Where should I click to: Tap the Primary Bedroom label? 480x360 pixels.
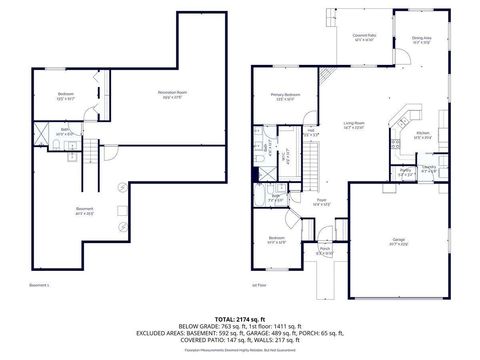coord(285,97)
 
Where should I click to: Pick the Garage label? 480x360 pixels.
coord(397,240)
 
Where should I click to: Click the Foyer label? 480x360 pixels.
coord(322,201)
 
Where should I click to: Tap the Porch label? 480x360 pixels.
coord(324,250)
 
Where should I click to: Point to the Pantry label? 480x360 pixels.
coord(405,171)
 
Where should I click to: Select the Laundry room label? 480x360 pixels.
coord(428,168)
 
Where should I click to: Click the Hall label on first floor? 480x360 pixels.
coord(311,131)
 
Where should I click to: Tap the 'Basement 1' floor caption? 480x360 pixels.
coord(40,285)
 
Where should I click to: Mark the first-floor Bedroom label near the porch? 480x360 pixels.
coord(277,239)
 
